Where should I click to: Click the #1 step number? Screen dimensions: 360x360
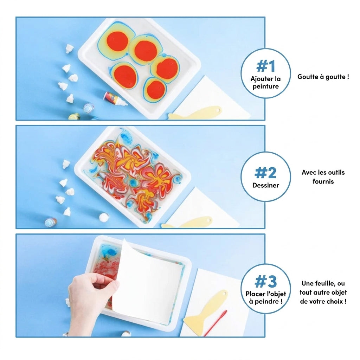pos(266,66)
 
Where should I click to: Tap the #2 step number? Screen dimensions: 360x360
pos(266,173)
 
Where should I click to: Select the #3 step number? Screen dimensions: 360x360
pos(266,282)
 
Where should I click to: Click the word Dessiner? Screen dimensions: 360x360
pos(266,185)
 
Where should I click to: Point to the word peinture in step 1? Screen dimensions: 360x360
pos(266,86)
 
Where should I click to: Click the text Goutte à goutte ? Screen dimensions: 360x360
pos(323,77)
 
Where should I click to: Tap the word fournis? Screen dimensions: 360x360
pos(323,181)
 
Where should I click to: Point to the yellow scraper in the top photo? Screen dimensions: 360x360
pos(195,113)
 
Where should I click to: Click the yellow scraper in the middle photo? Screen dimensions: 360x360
pos(187,223)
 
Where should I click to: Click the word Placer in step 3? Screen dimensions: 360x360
pos(253,294)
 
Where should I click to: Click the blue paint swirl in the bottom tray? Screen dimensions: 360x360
pos(110,252)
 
